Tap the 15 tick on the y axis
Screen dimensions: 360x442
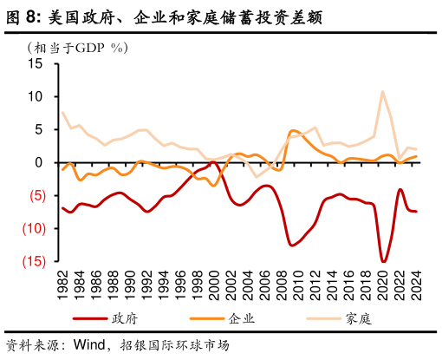36,64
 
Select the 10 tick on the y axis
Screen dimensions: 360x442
36,97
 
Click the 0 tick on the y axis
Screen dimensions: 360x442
39,163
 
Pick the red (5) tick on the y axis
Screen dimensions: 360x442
35,196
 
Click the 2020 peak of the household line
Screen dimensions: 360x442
382,92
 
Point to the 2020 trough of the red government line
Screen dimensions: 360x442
383,260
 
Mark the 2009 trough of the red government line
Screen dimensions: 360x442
292,245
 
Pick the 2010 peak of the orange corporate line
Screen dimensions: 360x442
294,131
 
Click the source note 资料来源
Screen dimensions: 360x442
38,344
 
